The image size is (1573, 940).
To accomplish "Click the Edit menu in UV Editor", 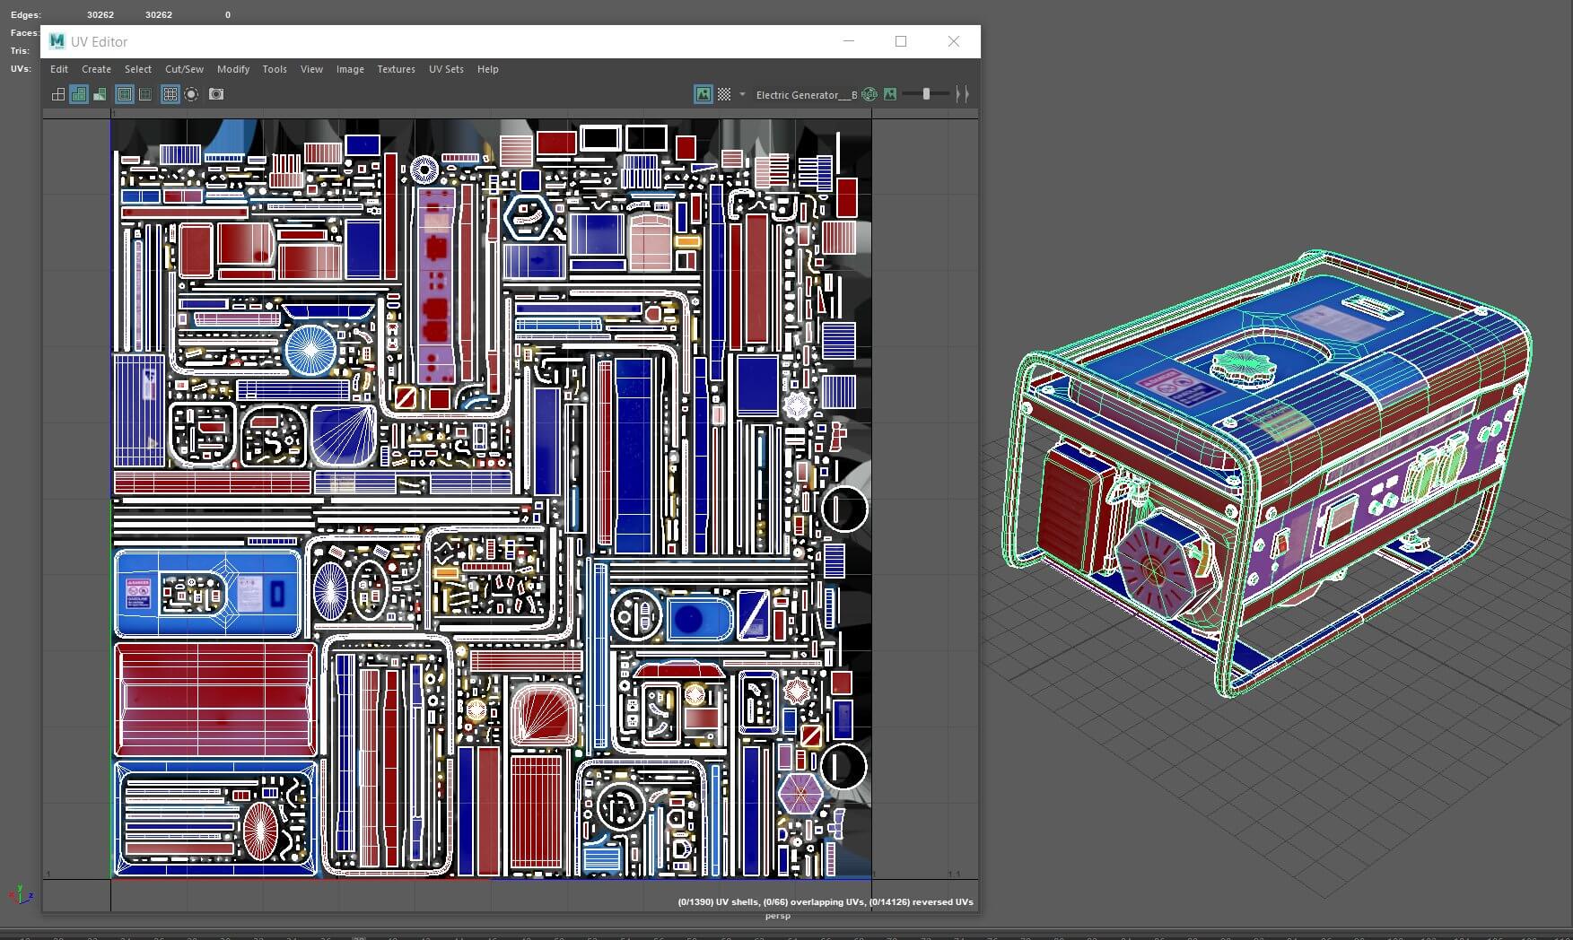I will click(x=59, y=69).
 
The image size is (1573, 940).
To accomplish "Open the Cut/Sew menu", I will click(x=184, y=69).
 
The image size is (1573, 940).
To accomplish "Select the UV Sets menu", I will click(x=446, y=69).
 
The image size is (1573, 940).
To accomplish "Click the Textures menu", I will click(x=396, y=69).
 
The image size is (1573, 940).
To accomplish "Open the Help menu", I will click(x=487, y=69).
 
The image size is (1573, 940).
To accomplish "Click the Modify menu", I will click(x=233, y=69).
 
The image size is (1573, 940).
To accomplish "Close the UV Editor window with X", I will click(x=953, y=41).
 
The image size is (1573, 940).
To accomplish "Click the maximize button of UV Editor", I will click(x=901, y=41).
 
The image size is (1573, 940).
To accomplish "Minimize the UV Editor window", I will click(x=848, y=41).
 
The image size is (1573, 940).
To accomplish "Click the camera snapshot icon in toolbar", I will click(x=216, y=94).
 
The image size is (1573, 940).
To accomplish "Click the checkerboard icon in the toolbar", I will click(x=724, y=94).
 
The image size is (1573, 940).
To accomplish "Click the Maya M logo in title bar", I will click(x=57, y=41).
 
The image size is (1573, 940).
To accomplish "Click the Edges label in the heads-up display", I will click(x=25, y=15).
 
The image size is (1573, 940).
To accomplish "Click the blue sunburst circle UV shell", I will click(x=310, y=350).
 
